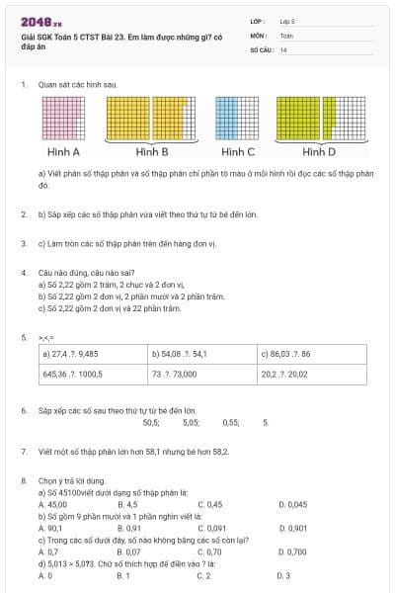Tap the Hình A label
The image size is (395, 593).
[x=63, y=152]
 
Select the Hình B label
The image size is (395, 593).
[x=152, y=152]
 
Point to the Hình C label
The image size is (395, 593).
[x=238, y=152]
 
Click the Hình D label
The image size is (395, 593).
[x=319, y=152]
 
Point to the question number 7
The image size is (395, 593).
[x=23, y=451]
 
